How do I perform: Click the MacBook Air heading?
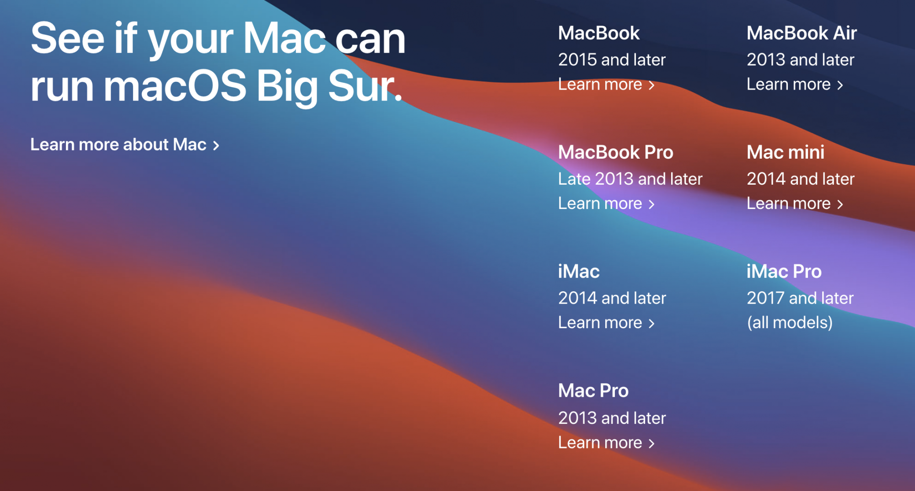pyautogui.click(x=802, y=33)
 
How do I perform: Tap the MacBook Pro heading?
pyautogui.click(x=615, y=152)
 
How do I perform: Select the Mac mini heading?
pyautogui.click(x=786, y=152)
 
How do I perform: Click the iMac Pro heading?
pyautogui.click(x=784, y=272)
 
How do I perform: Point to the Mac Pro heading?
pyautogui.click(x=593, y=391)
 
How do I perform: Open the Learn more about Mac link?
pyautogui.click(x=125, y=144)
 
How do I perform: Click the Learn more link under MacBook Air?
pyautogui.click(x=795, y=84)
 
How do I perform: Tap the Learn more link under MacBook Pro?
pyautogui.click(x=606, y=203)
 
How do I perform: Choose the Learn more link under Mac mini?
pyautogui.click(x=795, y=203)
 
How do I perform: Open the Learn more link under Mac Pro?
pyautogui.click(x=606, y=443)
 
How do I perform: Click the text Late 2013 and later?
pyautogui.click(x=630, y=179)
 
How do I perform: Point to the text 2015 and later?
pyautogui.click(x=612, y=59)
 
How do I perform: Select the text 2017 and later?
pyautogui.click(x=800, y=298)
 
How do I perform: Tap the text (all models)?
pyautogui.click(x=790, y=323)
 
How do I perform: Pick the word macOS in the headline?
pyautogui.click(x=175, y=86)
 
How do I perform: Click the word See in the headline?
pyautogui.click(x=68, y=38)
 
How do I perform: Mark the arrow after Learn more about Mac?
pyautogui.click(x=216, y=145)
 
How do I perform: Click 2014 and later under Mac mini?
pyautogui.click(x=800, y=179)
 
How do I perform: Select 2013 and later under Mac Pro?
pyautogui.click(x=612, y=418)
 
